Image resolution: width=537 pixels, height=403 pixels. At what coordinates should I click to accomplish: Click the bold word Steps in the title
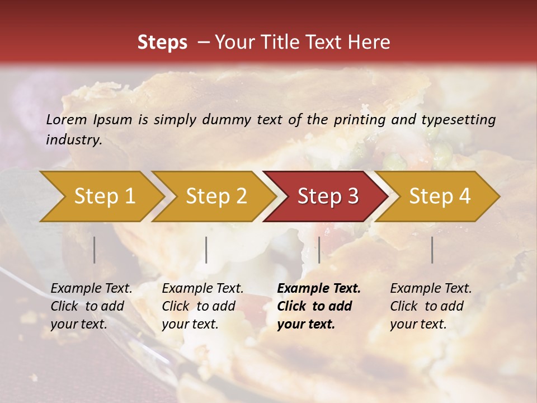162,43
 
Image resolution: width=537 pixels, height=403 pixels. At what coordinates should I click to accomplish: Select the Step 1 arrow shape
101,196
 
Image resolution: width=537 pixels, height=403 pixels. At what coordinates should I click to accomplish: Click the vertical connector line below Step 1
95,250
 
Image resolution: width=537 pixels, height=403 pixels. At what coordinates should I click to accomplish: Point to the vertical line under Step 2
206,250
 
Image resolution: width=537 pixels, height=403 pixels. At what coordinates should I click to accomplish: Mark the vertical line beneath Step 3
319,250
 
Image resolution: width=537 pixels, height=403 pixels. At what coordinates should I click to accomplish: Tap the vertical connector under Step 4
432,250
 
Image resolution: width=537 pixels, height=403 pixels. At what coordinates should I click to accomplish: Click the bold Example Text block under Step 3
319,306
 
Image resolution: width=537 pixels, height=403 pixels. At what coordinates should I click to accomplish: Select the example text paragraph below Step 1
91,306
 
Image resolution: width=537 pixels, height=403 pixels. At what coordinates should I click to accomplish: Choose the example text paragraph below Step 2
202,306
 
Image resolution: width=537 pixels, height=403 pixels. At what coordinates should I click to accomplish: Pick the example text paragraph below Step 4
431,306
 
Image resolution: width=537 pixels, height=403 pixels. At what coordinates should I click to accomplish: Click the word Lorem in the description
66,120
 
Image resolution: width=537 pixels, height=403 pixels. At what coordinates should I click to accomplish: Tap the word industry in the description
73,140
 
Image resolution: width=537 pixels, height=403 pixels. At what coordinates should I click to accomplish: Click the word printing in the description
359,120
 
